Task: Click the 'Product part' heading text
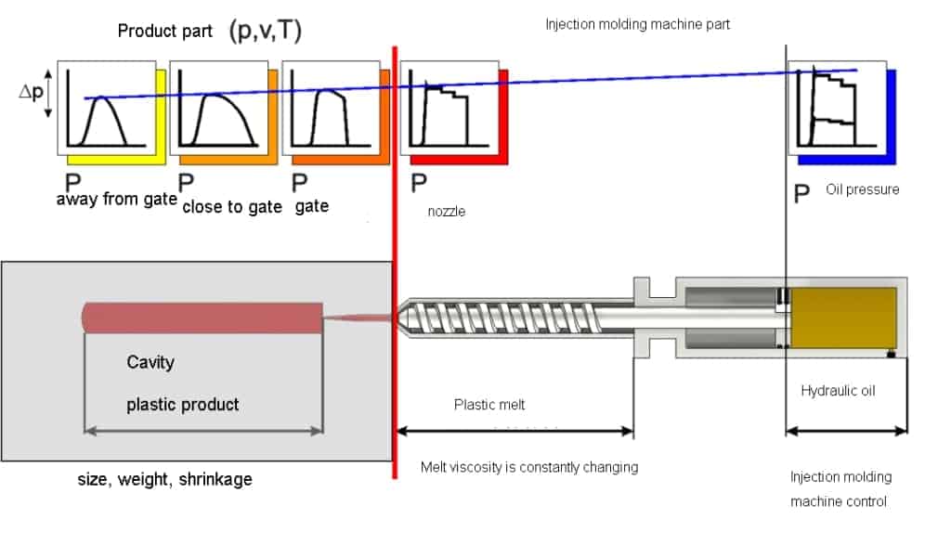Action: (x=165, y=31)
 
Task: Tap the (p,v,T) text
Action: (x=265, y=30)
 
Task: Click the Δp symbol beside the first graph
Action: (x=31, y=92)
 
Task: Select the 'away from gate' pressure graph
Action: (x=107, y=108)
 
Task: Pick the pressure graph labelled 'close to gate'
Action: (x=219, y=108)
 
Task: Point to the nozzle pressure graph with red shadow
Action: (x=449, y=108)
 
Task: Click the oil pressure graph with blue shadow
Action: (x=837, y=108)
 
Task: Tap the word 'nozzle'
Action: (x=447, y=212)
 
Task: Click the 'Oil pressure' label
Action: (x=862, y=189)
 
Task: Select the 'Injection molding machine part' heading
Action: (x=637, y=24)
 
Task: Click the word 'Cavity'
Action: (x=150, y=362)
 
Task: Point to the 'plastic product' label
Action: (x=183, y=405)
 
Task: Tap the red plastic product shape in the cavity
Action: (x=202, y=318)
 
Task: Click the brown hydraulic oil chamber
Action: (x=843, y=318)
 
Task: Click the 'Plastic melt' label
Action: (x=489, y=405)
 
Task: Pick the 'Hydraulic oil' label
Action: (x=838, y=390)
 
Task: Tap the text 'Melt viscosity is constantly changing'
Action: (x=529, y=467)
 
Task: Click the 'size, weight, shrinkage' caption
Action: (x=165, y=479)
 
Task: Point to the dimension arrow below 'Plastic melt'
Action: (x=515, y=431)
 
